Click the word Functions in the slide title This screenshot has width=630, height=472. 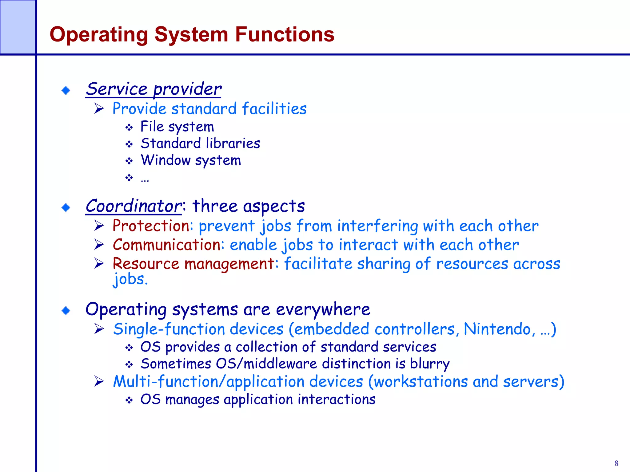[x=285, y=34]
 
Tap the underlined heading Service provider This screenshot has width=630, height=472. [x=153, y=89]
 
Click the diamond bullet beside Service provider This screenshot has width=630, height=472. [x=66, y=90]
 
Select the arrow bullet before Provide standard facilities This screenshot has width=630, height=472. [x=99, y=108]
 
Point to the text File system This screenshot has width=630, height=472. [x=177, y=127]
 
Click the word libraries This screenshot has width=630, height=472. [x=233, y=144]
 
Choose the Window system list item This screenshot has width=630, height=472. [x=191, y=160]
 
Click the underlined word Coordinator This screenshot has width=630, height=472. [x=134, y=206]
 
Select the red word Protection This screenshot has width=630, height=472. [x=151, y=226]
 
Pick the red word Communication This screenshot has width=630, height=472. [x=166, y=245]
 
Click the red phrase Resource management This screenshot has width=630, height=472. [x=193, y=264]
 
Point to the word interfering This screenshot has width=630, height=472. [x=377, y=226]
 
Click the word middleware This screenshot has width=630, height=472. [x=280, y=364]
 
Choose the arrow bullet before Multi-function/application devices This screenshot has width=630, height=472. [x=99, y=381]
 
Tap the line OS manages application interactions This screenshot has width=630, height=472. [x=258, y=399]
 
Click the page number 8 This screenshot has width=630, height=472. [x=616, y=463]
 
